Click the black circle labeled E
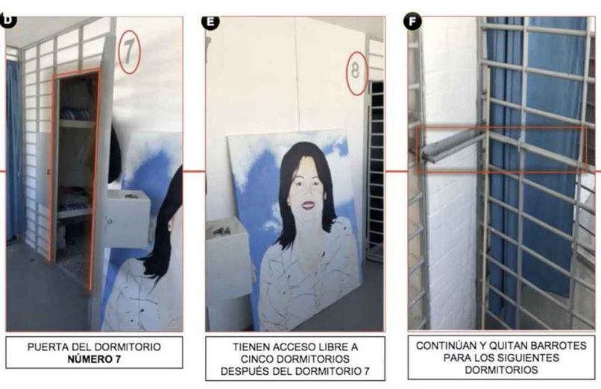pyautogui.click(x=210, y=22)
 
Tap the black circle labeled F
pyautogui.click(x=413, y=22)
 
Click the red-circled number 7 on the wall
pyautogui.click(x=129, y=51)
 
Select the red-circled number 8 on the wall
pyautogui.click(x=356, y=73)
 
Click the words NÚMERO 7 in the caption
pyautogui.click(x=94, y=359)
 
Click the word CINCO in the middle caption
pyautogui.click(x=257, y=359)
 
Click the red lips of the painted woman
pyautogui.click(x=308, y=206)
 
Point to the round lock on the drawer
pyautogui.click(x=110, y=221)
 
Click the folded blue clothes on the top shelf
pyautogui.click(x=75, y=115)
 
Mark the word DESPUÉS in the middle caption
pyautogui.click(x=242, y=371)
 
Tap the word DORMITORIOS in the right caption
pyautogui.click(x=501, y=370)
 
